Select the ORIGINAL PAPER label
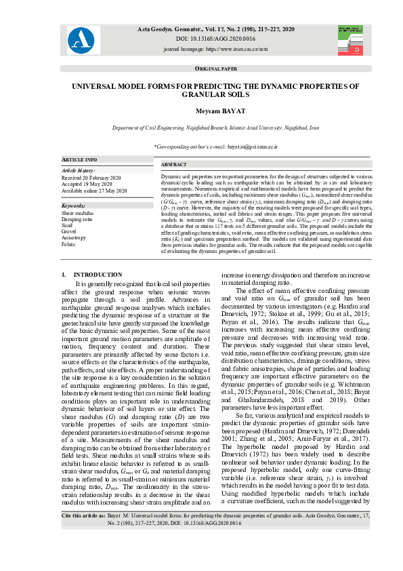tap(201, 69)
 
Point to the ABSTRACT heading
tap(174, 165)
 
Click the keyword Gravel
tap(70, 232)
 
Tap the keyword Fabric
tap(69, 244)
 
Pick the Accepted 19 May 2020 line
tap(85, 181)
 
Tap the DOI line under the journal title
tap(201, 40)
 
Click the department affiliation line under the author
tap(201, 127)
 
